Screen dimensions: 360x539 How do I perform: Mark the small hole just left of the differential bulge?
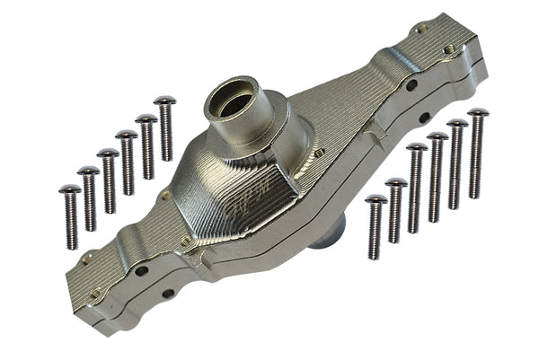(x=166, y=194)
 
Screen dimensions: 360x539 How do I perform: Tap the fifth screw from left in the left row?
(x=146, y=147)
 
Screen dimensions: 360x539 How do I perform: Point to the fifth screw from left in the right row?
(x=457, y=162)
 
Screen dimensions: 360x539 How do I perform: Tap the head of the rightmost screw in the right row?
(x=478, y=114)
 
